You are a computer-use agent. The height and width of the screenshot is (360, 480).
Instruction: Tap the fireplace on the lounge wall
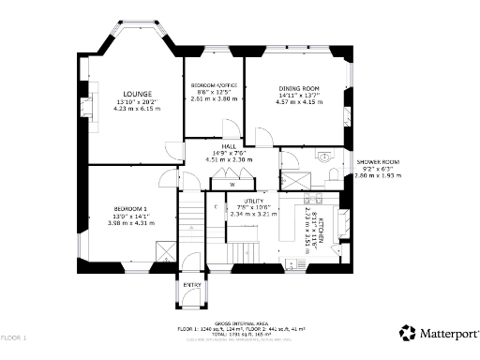89,106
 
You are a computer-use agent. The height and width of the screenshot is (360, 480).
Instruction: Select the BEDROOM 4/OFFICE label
213,85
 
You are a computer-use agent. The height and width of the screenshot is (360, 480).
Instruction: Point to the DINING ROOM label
299,88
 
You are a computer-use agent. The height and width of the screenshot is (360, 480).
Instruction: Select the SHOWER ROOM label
376,162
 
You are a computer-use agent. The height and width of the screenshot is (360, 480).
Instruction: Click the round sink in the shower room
326,157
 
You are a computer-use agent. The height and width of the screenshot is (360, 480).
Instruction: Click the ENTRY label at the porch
191,284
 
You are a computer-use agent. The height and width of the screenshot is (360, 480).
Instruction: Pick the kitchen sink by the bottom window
302,262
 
